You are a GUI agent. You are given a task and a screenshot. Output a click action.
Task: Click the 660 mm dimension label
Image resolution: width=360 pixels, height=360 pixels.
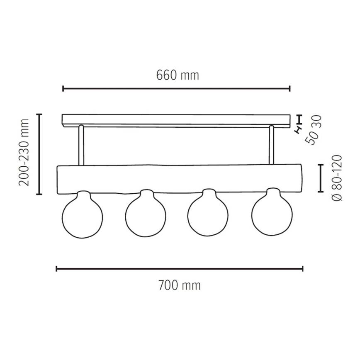coord(177,75)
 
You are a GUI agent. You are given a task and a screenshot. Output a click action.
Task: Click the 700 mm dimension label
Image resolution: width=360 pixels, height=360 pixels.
coord(179,286)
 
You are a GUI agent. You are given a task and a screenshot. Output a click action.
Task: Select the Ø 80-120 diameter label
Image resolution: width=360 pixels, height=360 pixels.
coord(337,178)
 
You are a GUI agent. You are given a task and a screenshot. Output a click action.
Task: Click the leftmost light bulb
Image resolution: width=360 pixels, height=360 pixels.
coord(83,215)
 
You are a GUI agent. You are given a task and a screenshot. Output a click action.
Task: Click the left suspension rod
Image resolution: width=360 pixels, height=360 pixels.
coord(81,145)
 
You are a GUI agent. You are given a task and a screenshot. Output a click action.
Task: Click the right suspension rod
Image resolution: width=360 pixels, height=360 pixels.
coord(271,145)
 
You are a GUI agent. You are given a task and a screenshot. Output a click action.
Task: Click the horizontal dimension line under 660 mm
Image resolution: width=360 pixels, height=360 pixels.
coord(176,88)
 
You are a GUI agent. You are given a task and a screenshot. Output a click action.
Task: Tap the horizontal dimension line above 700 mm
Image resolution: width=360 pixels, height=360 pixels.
coord(179,269)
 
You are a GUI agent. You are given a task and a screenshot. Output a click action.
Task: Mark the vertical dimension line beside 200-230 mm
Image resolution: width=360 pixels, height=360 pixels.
coord(39,154)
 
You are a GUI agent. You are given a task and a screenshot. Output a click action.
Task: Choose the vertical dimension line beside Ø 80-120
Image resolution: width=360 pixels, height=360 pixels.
coord(320,178)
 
